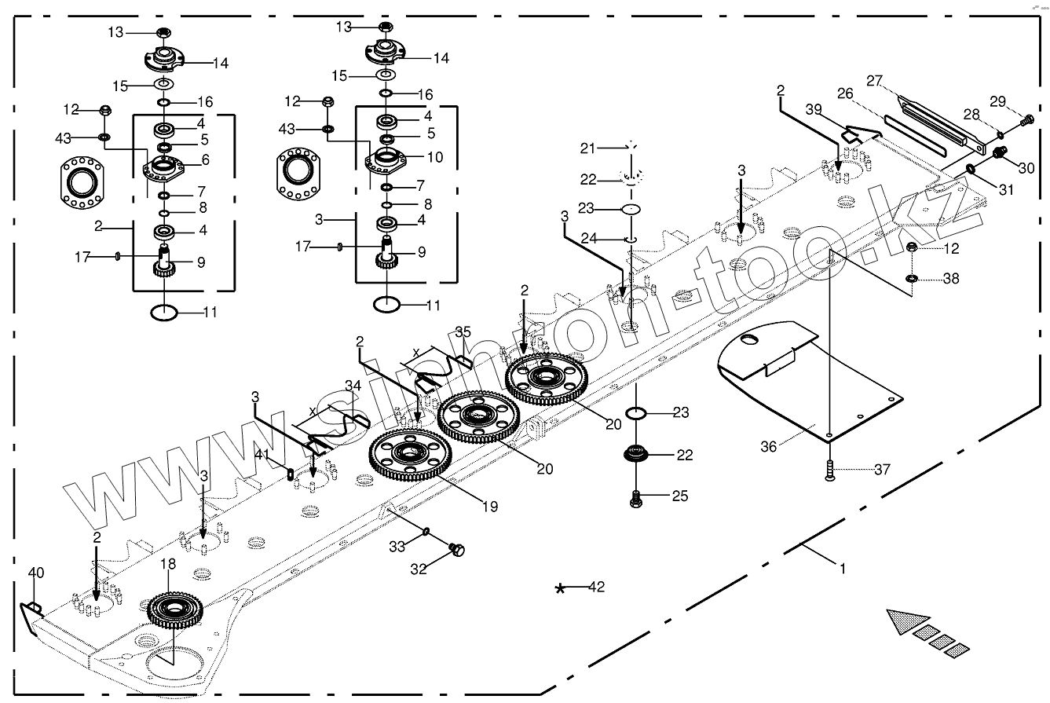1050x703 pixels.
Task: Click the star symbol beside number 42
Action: pos(560,589)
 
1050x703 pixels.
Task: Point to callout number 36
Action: pos(769,445)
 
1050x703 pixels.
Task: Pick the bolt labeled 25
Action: pos(636,496)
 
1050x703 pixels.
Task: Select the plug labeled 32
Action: pos(456,550)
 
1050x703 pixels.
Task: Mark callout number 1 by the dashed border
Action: pos(843,566)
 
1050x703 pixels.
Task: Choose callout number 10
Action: pos(434,157)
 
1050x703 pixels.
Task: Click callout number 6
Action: pos(207,159)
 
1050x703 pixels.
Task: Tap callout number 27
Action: pos(875,80)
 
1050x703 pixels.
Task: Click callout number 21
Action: pos(589,148)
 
